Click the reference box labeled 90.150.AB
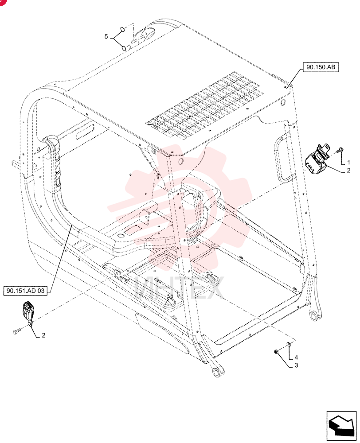click(x=321, y=67)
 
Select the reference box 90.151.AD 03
click(x=25, y=291)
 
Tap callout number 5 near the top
click(x=106, y=36)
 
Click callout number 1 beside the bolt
click(x=348, y=163)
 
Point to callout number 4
click(x=296, y=357)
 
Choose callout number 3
click(x=296, y=365)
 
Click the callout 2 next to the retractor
click(x=348, y=171)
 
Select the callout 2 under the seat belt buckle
click(x=43, y=335)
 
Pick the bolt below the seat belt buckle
click(x=17, y=331)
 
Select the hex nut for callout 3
click(x=276, y=351)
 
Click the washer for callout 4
click(x=288, y=344)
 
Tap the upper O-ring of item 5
click(x=122, y=29)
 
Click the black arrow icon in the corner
click(x=341, y=426)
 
